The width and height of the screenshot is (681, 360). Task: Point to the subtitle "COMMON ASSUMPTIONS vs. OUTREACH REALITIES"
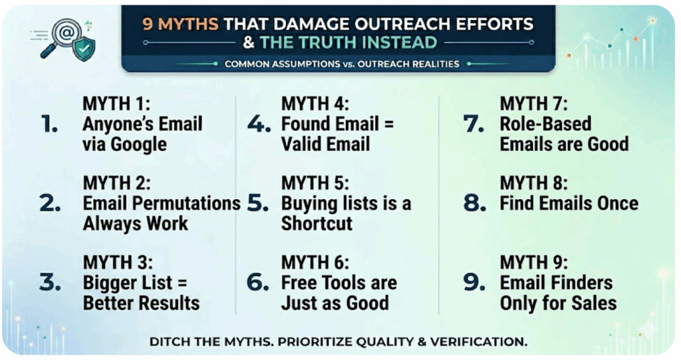(x=342, y=64)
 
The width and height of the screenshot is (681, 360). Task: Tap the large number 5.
(x=257, y=204)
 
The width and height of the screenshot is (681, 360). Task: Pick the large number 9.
(x=475, y=283)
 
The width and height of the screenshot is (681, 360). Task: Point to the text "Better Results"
(x=141, y=303)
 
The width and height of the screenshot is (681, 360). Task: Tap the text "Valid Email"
(x=325, y=144)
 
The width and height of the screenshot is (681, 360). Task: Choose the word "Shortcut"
(x=317, y=224)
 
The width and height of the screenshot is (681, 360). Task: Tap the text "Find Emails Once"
(x=569, y=204)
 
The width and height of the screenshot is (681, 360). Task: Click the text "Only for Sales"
(x=558, y=303)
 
